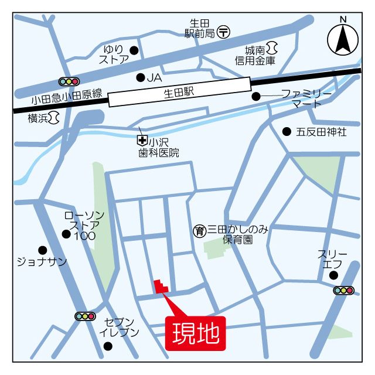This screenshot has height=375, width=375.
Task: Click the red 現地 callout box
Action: click(x=196, y=333)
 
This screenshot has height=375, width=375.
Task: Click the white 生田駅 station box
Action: click(x=179, y=93)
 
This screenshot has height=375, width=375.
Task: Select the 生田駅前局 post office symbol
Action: click(x=223, y=33)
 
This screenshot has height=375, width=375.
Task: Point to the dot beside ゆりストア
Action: click(x=134, y=50)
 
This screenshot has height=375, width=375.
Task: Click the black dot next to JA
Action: click(x=140, y=77)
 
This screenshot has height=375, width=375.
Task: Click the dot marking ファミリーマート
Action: click(x=255, y=96)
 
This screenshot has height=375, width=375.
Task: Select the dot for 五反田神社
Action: click(x=287, y=131)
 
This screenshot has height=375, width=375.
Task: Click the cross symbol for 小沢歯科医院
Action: click(x=141, y=140)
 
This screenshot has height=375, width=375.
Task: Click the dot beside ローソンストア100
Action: click(x=66, y=234)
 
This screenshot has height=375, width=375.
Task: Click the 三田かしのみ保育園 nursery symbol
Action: click(x=199, y=231)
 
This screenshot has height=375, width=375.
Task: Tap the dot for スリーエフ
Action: click(x=333, y=275)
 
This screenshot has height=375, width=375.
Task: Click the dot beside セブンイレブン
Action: click(x=108, y=346)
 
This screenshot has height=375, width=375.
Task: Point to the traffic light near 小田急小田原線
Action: click(x=69, y=81)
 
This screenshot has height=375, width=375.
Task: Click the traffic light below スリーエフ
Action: click(x=343, y=290)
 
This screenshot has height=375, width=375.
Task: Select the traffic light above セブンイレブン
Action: click(x=85, y=316)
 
